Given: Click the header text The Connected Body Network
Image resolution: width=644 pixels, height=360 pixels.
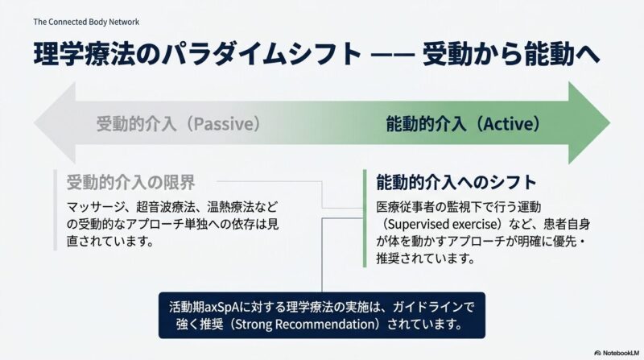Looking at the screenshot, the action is tap(86, 22).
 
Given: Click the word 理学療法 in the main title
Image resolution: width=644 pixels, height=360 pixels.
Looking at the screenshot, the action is tap(85, 54).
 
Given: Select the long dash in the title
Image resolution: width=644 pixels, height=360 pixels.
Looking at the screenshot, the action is tap(392, 55).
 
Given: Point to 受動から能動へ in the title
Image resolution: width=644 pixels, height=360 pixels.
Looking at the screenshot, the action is tap(511, 54).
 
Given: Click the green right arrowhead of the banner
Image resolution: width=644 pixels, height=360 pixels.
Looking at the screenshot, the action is tap(589, 122).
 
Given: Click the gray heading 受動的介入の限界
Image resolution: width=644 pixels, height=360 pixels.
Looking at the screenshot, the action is tap(130, 183).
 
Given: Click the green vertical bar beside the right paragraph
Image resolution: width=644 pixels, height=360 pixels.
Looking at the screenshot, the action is tap(365, 218).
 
